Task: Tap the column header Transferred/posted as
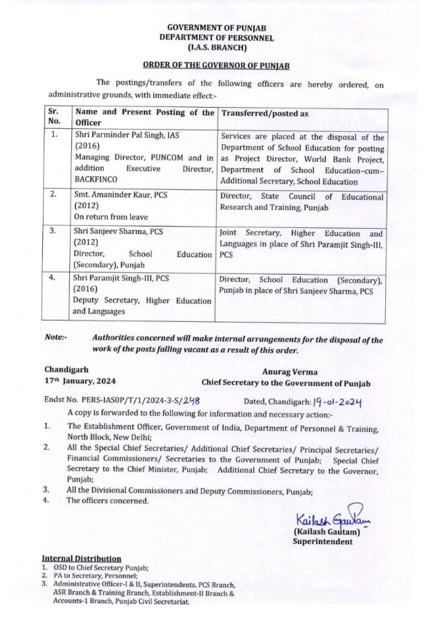[264, 114]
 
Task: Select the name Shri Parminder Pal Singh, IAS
[133, 136]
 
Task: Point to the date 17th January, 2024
[79, 380]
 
